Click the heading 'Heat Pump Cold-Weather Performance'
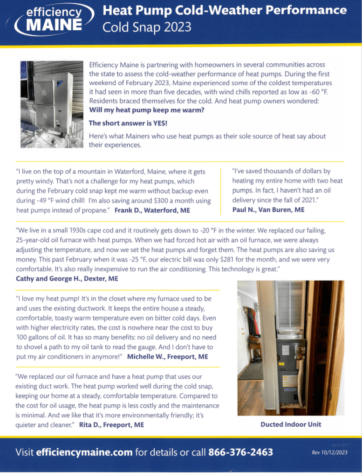(x=224, y=10)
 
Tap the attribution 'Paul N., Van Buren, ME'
(x=268, y=210)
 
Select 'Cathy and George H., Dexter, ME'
(x=67, y=279)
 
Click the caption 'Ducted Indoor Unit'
(x=291, y=424)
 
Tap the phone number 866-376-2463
(x=240, y=452)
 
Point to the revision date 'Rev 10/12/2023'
(x=330, y=452)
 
